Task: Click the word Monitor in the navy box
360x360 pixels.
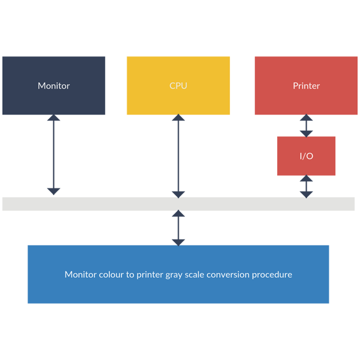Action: (x=53, y=86)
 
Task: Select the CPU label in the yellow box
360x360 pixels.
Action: (x=178, y=86)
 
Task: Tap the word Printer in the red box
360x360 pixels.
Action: (x=306, y=86)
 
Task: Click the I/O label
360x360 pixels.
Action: (x=306, y=156)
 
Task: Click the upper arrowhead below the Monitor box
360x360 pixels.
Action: (x=54, y=118)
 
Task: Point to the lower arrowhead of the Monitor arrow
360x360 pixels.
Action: (x=54, y=191)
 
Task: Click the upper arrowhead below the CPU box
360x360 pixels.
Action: (x=178, y=118)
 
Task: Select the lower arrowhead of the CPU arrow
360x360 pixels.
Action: (x=178, y=194)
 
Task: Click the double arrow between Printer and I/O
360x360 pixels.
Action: (x=306, y=125)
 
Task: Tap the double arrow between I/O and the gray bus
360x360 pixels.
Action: (x=306, y=186)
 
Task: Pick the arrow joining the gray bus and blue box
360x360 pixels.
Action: (x=178, y=228)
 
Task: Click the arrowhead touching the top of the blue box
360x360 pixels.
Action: (x=178, y=242)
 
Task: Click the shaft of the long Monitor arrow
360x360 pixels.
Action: (x=54, y=155)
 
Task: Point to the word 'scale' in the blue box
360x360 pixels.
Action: (x=196, y=275)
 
